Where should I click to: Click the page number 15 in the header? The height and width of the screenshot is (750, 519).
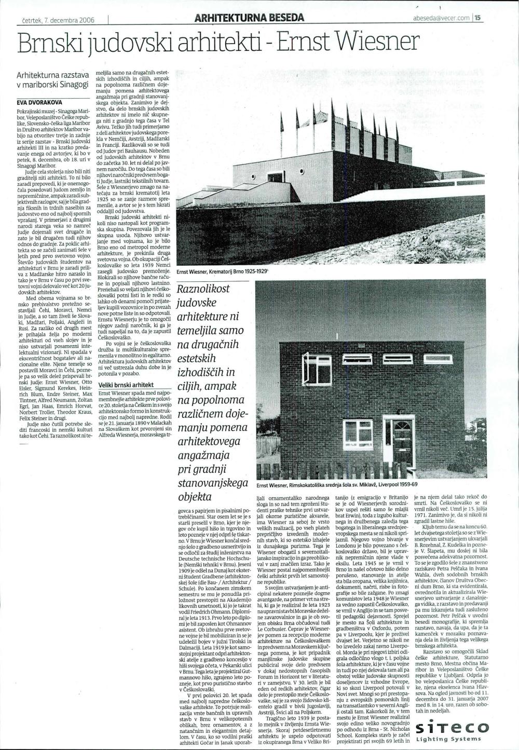pyautogui.click(x=478, y=17)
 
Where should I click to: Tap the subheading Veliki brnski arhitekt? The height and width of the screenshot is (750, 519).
pyautogui.click(x=127, y=385)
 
